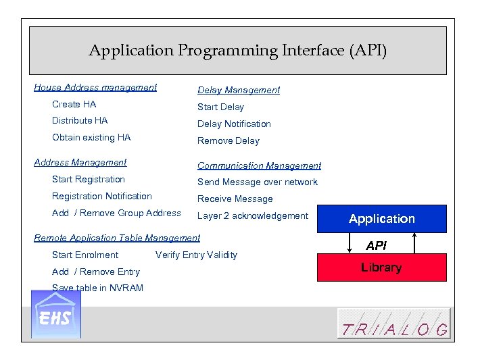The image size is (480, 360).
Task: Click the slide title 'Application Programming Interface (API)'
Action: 237,51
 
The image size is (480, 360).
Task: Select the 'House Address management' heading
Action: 95,87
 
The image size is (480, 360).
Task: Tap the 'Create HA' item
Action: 74,104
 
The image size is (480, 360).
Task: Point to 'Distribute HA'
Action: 80,121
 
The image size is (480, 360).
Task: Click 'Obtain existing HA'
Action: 91,138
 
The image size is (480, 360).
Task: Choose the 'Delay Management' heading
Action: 238,90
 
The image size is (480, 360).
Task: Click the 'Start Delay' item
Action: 220,107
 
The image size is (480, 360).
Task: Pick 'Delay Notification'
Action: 234,124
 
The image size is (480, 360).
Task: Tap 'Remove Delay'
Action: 228,141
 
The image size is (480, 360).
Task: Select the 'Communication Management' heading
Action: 259,165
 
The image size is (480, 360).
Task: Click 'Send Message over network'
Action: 257,182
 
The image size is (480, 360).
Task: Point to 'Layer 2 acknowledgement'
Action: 252,216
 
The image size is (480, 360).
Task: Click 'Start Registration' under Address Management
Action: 89,180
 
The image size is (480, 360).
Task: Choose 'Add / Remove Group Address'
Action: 116,213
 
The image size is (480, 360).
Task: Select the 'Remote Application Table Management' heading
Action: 117,238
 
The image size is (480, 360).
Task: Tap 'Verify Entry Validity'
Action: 196,255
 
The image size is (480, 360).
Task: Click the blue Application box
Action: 381,219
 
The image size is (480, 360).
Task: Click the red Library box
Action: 381,267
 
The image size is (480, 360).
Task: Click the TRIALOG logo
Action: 393,323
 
